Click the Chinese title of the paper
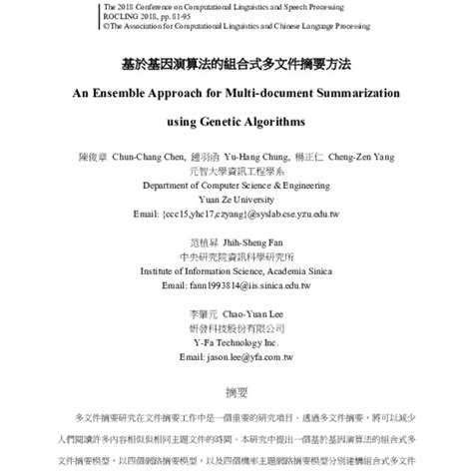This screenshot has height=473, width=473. [236, 62]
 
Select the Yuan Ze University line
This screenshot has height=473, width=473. [236, 199]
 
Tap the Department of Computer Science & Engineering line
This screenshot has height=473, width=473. [236, 185]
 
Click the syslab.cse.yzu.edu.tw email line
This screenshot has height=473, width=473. [236, 213]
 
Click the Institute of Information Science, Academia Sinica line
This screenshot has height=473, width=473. [236, 269]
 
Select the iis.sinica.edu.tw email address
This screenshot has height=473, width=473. [236, 283]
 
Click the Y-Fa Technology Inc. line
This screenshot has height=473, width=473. [236, 340]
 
